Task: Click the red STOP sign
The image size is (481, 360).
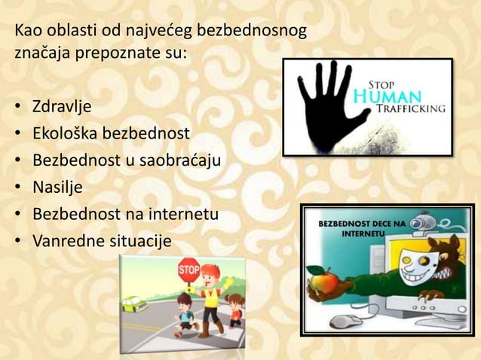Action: tap(188, 269)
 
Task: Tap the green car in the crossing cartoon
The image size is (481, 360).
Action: tap(135, 304)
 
